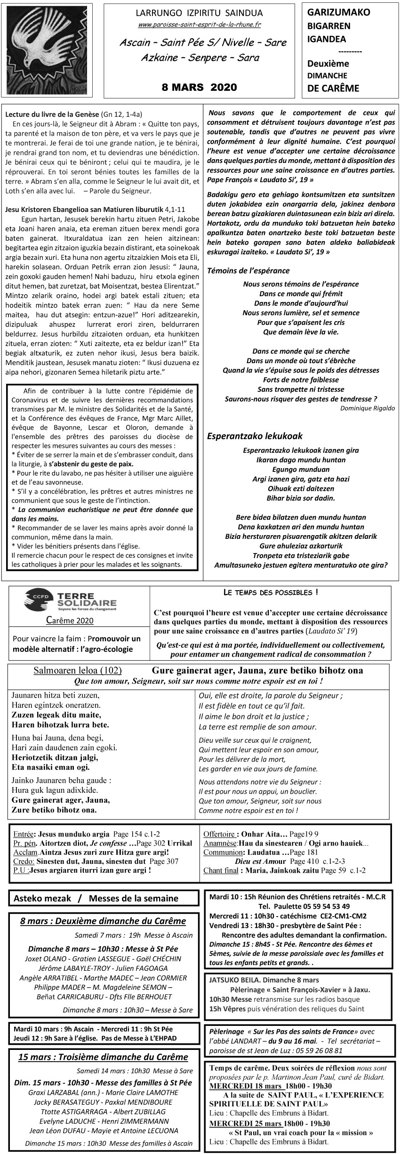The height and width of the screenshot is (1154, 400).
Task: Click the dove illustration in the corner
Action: pos(47,47)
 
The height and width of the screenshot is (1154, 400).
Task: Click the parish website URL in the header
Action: pos(200,24)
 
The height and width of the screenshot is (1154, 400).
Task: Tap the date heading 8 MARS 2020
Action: pos(199,87)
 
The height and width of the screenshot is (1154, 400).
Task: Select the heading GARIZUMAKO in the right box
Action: pos(339,13)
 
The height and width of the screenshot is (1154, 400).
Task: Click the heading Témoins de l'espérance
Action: pos(248,271)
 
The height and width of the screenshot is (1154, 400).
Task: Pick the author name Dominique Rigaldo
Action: pos(367,408)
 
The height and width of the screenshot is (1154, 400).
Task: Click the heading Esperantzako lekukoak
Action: pos(255,436)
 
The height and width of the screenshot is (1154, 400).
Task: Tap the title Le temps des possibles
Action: pos(270,592)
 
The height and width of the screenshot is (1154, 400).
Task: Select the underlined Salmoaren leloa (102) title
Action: pos(78,671)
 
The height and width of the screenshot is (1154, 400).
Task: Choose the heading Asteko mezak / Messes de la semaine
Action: pos(96,898)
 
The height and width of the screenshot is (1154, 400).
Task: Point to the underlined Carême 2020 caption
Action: pos(70,620)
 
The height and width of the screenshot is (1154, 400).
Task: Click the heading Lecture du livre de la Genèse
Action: pos(52,114)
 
